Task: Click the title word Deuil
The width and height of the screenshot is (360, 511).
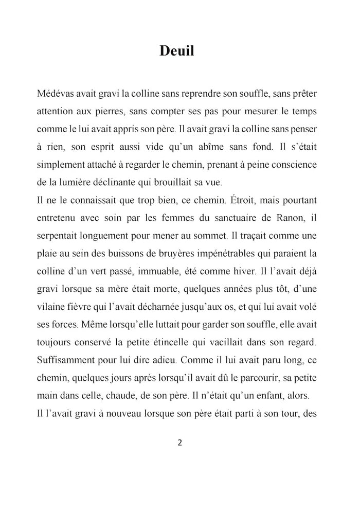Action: pyautogui.click(x=176, y=51)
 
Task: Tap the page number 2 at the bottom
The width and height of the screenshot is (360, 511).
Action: pyautogui.click(x=179, y=443)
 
